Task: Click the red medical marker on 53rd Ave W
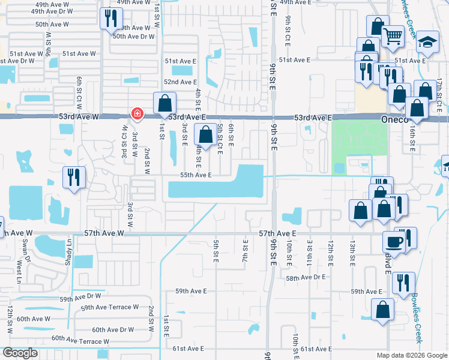click(x=137, y=113)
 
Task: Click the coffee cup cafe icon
click(x=394, y=241)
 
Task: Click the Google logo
click(x=20, y=353)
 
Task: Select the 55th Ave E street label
click(x=196, y=175)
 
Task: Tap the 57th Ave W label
click(x=104, y=232)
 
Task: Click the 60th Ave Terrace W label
click(x=80, y=340)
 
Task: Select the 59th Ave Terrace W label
click(x=110, y=307)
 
